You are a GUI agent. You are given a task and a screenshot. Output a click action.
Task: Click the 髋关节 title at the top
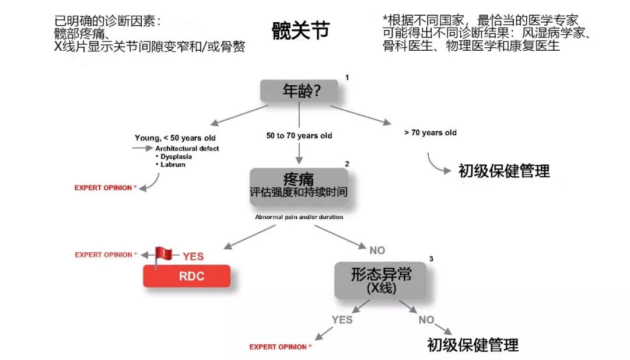point(300,30)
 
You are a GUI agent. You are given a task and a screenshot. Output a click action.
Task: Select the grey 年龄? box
point(299,91)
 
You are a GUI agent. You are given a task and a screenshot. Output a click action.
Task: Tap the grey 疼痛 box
point(299,187)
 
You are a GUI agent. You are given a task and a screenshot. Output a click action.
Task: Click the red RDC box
point(187,276)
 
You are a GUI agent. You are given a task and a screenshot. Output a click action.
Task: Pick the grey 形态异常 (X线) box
point(380,281)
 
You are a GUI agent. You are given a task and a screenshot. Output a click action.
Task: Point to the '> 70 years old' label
point(430,132)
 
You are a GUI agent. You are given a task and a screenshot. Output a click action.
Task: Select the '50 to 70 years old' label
point(299,136)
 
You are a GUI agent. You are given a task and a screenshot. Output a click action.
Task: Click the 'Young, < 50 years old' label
point(175,138)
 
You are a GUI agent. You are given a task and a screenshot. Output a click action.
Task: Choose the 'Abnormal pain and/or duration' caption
point(299,217)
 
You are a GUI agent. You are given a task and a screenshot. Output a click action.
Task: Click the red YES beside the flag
point(193,256)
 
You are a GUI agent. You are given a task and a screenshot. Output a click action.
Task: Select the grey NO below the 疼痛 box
point(377,251)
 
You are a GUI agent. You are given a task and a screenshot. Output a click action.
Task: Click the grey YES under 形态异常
point(342,320)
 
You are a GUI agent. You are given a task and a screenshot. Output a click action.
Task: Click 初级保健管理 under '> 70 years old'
point(504,171)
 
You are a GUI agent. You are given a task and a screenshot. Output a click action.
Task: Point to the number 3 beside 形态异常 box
point(431,258)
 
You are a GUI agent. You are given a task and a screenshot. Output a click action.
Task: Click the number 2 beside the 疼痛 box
point(347,164)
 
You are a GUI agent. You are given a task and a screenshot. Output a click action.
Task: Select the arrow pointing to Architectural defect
point(143,148)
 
